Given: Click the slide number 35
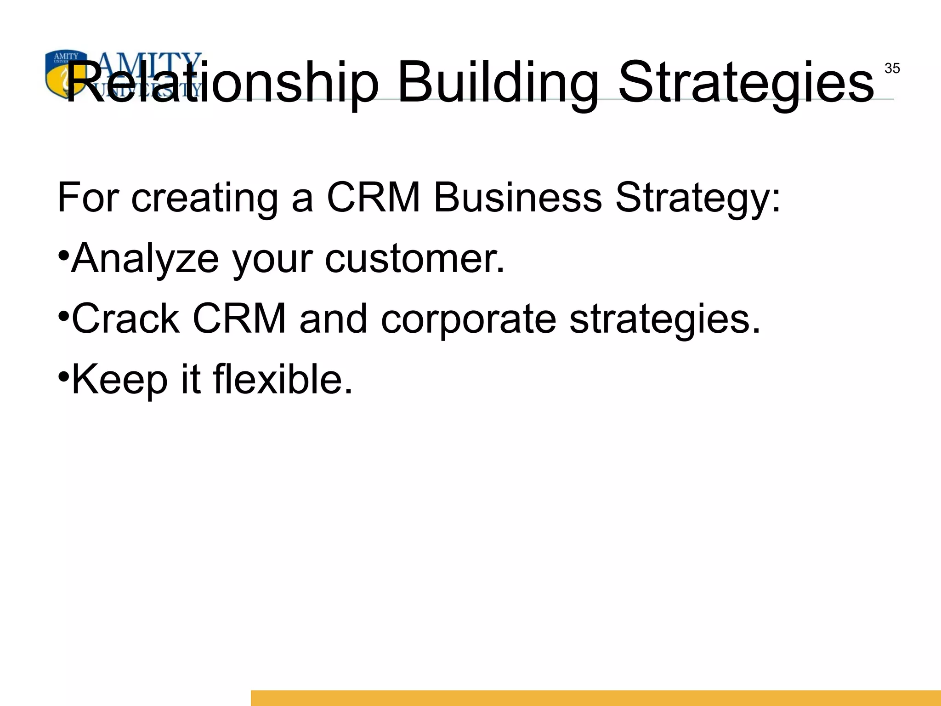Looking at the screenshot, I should tap(892, 68).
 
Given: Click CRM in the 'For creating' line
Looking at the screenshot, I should tap(373, 198).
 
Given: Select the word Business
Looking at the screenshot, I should tap(517, 198).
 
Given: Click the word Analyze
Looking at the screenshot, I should tap(145, 259).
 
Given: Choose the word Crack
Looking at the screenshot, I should tap(125, 319).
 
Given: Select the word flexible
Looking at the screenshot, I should tap(283, 379).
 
